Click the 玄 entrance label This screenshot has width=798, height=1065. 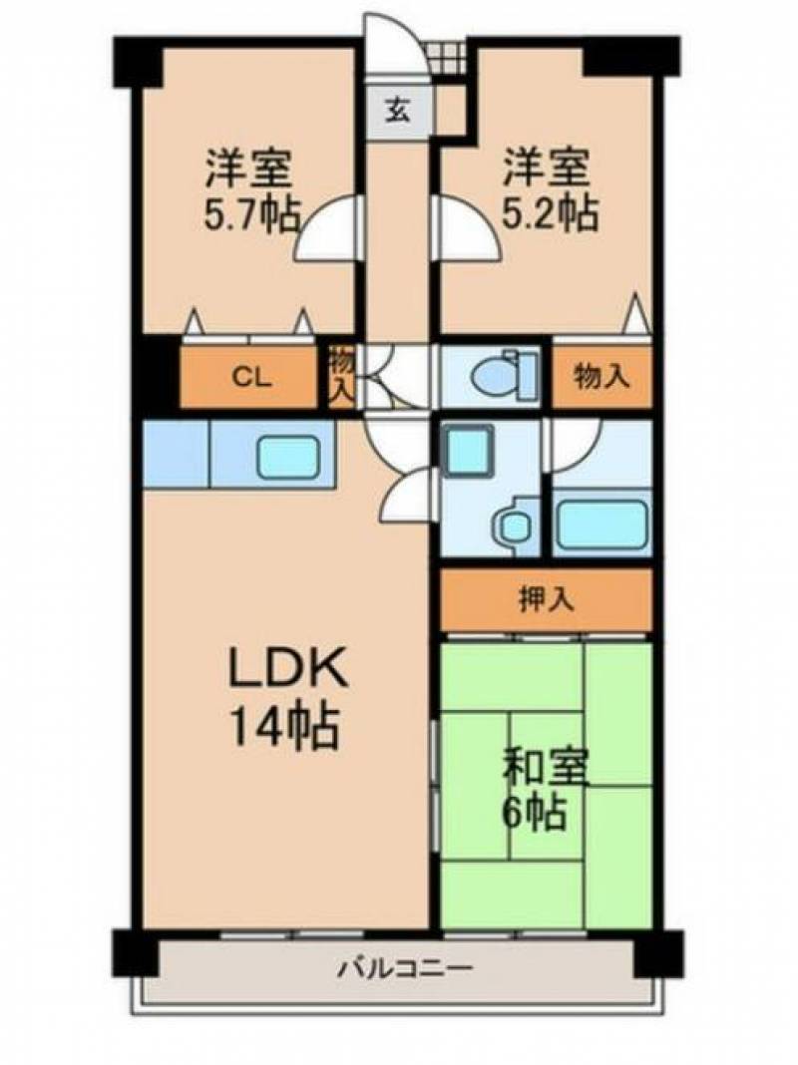click(x=398, y=111)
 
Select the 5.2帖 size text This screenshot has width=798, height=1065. click(x=550, y=213)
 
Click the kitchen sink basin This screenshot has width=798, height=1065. click(x=288, y=454)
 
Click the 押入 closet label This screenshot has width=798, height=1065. click(x=547, y=599)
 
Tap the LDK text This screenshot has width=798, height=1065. click(x=288, y=668)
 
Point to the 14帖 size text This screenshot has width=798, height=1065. click(x=284, y=725)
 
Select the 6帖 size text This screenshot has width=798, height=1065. click(x=535, y=811)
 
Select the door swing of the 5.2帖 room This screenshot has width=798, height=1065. click(x=467, y=227)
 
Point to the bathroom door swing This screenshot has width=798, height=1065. click(x=575, y=444)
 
